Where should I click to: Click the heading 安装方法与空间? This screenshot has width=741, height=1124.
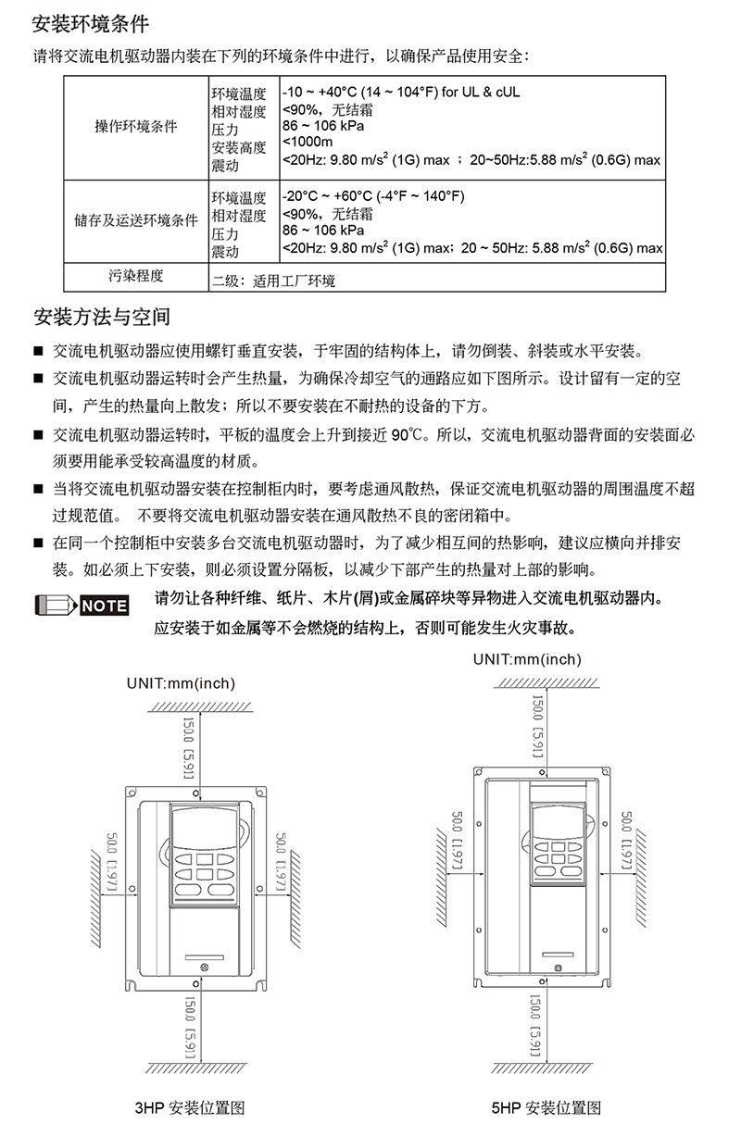coord(102,318)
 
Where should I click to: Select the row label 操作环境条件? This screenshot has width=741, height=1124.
coord(136,126)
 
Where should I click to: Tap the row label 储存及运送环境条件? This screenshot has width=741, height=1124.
coord(136,221)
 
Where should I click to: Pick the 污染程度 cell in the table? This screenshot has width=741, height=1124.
coord(136,276)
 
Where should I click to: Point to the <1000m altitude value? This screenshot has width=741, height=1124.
coord(308,142)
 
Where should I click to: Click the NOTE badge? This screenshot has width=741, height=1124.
coord(105,606)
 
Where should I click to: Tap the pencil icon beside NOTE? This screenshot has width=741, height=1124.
coord(57,606)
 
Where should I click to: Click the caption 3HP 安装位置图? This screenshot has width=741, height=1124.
coord(190,1106)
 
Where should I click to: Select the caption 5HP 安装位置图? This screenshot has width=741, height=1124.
coord(546,1106)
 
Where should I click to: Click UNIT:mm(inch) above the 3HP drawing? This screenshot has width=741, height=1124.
coord(182,683)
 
